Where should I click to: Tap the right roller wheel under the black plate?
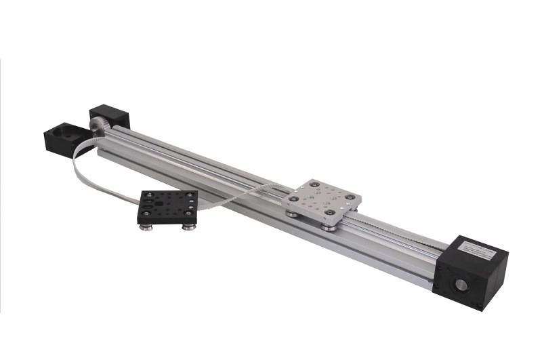[x=188, y=226]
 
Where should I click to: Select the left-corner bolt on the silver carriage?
[x=292, y=199]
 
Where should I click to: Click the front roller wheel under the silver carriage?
[x=329, y=227]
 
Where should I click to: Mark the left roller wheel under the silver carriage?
[x=291, y=214]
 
